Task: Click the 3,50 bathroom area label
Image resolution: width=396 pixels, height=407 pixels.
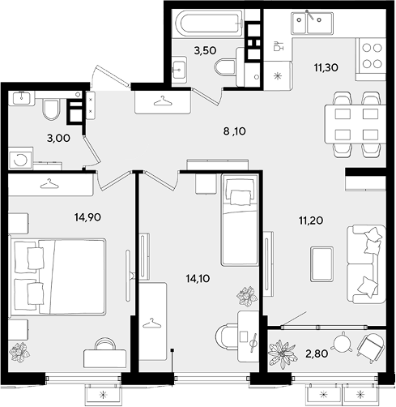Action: coord(205,50)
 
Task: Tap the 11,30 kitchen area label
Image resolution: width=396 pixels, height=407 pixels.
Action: coord(326,67)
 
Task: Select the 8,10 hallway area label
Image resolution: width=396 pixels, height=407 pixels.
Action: coord(235,131)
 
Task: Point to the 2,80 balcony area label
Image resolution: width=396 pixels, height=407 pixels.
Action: coord(317,353)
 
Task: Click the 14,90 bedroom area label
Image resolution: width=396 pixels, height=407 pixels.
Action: coord(87,216)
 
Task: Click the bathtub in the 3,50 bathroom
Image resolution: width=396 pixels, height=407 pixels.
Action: coord(209,24)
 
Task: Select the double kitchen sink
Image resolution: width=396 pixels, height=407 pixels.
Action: coord(311,24)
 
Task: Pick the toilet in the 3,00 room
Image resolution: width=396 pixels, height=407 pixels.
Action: coord(51,109)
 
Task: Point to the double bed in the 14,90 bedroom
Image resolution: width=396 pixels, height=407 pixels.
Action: coord(57,276)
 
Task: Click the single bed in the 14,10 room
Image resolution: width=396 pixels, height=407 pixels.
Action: coord(240,220)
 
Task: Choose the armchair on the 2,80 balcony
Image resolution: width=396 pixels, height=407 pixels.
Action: coord(370,347)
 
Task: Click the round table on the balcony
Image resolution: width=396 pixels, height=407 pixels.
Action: coord(343,342)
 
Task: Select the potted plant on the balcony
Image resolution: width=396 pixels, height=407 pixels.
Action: coord(282,353)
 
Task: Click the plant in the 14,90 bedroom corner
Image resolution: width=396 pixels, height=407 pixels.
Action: coord(19,352)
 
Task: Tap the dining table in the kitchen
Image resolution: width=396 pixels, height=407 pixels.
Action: coord(356,124)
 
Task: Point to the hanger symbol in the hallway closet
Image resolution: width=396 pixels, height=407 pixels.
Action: coord(163,101)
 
